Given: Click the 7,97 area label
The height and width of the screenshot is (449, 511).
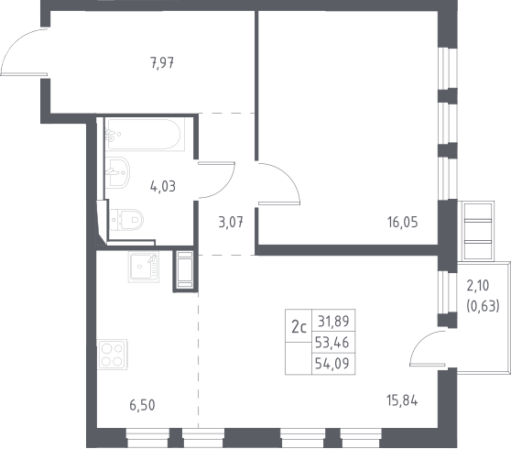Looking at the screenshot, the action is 162,63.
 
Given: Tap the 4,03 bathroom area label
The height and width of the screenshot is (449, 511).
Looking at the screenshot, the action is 163,187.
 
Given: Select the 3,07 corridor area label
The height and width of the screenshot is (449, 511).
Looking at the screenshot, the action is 231,223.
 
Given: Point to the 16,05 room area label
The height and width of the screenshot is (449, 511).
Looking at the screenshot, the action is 402,223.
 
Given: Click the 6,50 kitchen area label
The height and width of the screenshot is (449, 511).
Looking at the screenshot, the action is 142,405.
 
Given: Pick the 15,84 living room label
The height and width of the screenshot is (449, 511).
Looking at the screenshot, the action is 402,400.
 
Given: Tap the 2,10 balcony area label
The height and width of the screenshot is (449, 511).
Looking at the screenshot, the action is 478,286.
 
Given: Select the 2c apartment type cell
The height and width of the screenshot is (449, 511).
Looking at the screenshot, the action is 299,326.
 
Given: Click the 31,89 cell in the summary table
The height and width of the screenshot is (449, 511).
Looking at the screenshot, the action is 333,322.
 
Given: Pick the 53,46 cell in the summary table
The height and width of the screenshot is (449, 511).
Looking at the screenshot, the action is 333,343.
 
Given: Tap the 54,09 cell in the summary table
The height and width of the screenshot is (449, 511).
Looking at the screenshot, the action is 333,364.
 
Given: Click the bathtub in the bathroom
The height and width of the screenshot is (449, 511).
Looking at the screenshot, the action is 145,134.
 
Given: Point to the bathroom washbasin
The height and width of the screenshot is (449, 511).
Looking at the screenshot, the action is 117,173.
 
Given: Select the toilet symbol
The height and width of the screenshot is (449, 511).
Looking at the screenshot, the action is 126,219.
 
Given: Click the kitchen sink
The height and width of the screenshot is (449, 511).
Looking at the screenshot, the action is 144,267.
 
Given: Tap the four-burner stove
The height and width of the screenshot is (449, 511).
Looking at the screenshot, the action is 112,355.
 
